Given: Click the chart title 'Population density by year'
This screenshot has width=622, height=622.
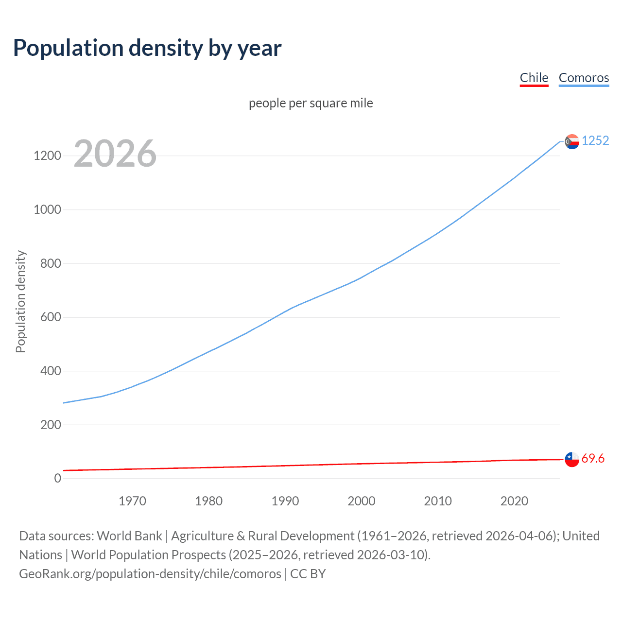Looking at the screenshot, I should tap(147, 48).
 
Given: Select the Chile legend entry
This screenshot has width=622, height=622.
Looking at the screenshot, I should tap(534, 78).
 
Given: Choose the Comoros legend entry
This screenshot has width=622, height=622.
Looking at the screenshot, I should tap(584, 78).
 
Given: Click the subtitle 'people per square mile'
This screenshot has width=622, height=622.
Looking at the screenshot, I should tap(311, 103).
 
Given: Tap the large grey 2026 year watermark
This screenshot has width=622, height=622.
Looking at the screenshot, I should tap(115, 154).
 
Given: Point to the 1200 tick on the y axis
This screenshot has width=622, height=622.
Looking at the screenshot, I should tap(47, 156).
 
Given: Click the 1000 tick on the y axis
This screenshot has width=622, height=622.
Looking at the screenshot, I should tap(47, 210).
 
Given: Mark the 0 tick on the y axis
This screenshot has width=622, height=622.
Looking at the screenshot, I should tap(58, 479).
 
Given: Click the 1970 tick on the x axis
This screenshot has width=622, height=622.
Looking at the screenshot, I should tap(132, 501).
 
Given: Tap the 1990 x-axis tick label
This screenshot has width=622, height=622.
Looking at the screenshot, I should tap(285, 501).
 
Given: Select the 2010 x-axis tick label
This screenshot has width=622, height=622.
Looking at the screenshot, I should tap(438, 501).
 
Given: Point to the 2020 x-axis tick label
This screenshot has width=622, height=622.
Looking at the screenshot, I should tap(514, 501).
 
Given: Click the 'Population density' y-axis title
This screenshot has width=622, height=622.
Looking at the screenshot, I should tap(20, 301).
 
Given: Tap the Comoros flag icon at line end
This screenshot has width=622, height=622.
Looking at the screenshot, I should tap(572, 141).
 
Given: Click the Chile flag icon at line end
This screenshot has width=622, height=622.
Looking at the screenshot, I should tap(572, 459).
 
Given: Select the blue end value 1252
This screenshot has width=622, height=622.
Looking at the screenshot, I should tap(595, 140).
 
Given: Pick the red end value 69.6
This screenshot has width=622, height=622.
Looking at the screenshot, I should tap(593, 459).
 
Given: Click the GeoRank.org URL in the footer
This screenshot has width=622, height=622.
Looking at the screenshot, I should tap(150, 574).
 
